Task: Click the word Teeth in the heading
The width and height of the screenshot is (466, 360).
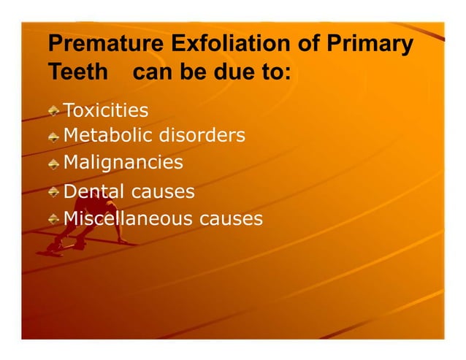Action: [77, 74]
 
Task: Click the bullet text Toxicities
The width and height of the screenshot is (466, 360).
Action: [106, 111]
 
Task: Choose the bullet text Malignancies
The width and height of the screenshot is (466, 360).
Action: [123, 162]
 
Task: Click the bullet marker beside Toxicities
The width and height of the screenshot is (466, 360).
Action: [55, 112]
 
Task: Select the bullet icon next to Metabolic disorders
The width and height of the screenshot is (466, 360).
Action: [55, 137]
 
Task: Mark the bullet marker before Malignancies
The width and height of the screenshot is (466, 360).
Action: [55, 163]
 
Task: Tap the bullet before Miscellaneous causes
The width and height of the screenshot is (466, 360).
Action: [55, 219]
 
